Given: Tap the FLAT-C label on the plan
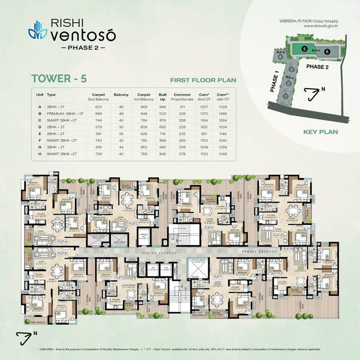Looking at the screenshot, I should pos(133,224).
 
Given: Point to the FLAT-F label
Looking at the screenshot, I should pos(218,277).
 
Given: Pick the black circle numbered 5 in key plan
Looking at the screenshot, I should pos(304,49).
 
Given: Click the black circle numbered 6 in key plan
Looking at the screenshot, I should pos(327,52).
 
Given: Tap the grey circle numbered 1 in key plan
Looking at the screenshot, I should pos(285,97).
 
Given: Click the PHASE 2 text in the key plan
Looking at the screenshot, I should pos(318,67).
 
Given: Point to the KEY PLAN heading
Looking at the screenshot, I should pos(321,132).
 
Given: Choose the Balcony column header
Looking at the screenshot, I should pos(121,95).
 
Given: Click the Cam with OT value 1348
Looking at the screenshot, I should pos(222,153).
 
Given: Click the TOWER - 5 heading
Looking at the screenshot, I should pos(59,78).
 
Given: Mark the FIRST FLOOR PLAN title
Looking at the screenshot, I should pos(202,80).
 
